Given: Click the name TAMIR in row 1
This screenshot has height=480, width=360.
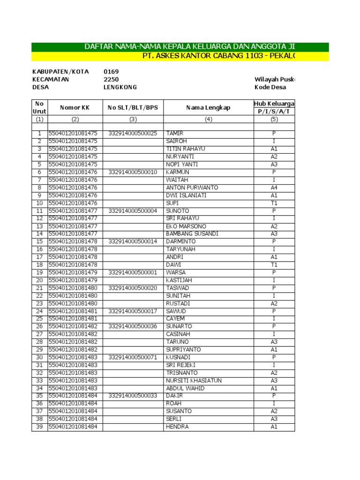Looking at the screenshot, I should [x=174, y=134].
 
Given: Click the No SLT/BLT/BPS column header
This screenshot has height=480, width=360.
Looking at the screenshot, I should [x=133, y=108].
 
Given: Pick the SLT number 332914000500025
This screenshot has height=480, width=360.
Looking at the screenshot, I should [x=133, y=134].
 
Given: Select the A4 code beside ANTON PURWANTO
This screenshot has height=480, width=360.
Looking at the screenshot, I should [x=274, y=188].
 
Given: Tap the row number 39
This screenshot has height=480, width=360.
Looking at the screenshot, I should [x=39, y=427].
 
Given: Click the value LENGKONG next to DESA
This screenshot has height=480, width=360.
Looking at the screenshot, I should [x=120, y=87].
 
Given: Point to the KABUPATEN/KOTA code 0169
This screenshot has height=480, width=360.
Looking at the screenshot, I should [x=111, y=72].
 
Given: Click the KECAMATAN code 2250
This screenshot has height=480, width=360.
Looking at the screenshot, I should [x=111, y=79].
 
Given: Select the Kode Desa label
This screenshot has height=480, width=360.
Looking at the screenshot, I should [x=270, y=87].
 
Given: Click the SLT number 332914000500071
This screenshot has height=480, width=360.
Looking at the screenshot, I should [x=133, y=358].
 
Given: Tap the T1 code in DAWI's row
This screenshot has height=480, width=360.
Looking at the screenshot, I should [x=274, y=265].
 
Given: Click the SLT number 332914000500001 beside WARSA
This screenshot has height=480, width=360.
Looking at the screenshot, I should [x=133, y=273].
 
